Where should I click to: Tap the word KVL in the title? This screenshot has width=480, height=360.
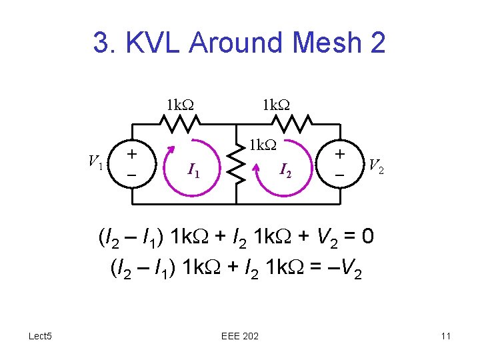[x=159, y=43]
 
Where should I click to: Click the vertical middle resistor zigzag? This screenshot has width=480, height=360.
[x=235, y=165]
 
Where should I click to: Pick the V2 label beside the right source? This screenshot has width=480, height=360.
[x=376, y=166]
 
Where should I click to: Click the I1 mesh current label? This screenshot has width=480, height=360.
[x=194, y=173]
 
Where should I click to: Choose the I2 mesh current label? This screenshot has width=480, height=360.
[x=285, y=173]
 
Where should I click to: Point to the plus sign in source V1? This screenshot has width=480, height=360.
[x=133, y=153]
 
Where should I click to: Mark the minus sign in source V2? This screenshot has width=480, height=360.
[x=340, y=175]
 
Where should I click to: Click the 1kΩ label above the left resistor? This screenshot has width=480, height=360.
[x=179, y=105]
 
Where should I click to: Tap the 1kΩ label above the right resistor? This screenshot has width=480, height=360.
[x=276, y=105]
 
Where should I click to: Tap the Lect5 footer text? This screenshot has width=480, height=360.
[x=40, y=336]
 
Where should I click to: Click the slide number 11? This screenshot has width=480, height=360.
[x=445, y=336]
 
